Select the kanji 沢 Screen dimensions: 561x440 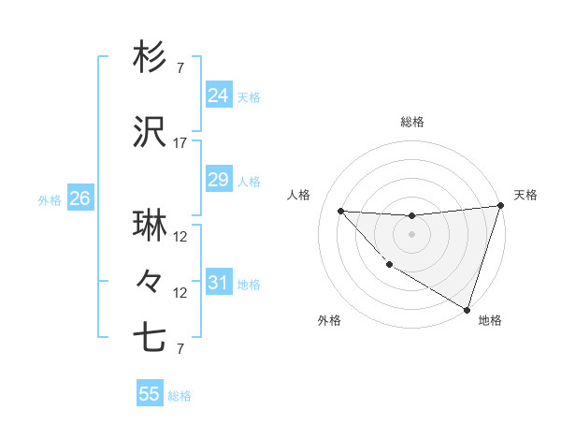150,134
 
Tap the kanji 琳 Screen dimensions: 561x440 150,227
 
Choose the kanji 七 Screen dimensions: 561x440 150,336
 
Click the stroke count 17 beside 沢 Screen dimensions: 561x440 180,143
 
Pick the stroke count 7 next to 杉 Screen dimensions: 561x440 180,67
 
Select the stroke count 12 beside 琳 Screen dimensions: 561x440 180,237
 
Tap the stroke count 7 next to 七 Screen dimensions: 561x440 180,349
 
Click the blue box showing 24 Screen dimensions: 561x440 218,95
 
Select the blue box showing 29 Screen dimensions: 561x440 218,180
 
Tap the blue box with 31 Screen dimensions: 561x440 218,283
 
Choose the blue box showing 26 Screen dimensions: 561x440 79,198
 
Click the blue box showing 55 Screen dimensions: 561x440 150,394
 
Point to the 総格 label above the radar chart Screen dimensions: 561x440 412,122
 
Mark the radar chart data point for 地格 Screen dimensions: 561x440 467,309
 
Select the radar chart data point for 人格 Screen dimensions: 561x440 340,211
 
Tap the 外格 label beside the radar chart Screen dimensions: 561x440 328,320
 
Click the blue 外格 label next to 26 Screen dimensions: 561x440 50,199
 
